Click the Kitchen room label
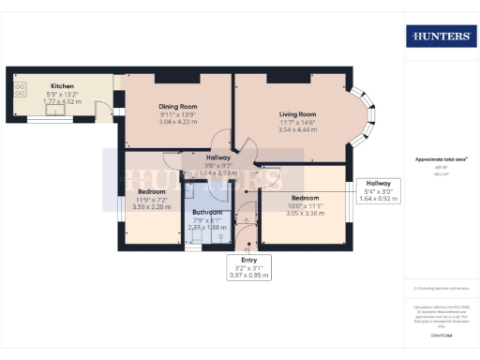(x=64, y=84)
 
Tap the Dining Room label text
(x=176, y=107)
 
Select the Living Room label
(x=296, y=114)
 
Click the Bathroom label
(x=208, y=213)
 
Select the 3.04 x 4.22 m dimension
(x=176, y=122)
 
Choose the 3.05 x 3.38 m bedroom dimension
(x=305, y=213)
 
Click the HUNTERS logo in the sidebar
(x=440, y=37)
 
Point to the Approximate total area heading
(x=440, y=159)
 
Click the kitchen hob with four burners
(x=20, y=91)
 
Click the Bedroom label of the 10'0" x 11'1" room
(x=305, y=198)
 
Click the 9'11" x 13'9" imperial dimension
(x=176, y=114)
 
